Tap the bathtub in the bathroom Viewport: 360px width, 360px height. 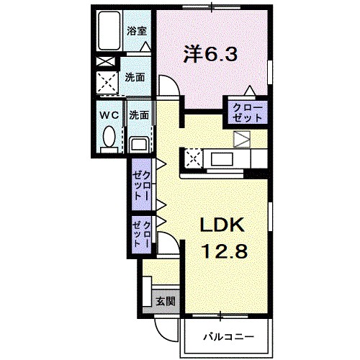click(x=110, y=32)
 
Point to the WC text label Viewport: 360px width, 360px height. click(x=108, y=114)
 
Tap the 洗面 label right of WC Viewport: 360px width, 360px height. click(x=139, y=114)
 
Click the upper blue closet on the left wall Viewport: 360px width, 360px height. click(x=140, y=184)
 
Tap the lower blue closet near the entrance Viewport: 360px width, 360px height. click(x=140, y=235)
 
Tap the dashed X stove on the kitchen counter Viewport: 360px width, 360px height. click(x=194, y=158)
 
